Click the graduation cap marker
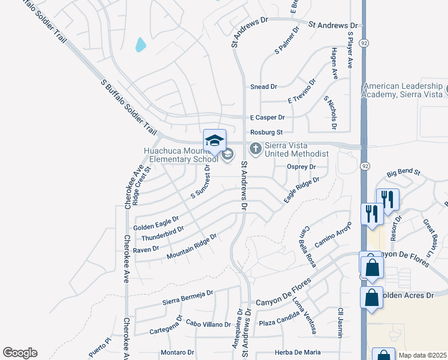click(214, 140)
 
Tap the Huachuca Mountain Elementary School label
click(180, 155)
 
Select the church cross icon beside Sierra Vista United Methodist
click(255, 148)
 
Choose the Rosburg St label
click(267, 132)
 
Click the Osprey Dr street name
click(301, 167)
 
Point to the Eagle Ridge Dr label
click(301, 190)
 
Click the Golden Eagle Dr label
click(156, 223)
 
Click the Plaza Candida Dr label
click(283, 323)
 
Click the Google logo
click(20, 353)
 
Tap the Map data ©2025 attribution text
click(422, 355)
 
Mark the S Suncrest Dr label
click(201, 181)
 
